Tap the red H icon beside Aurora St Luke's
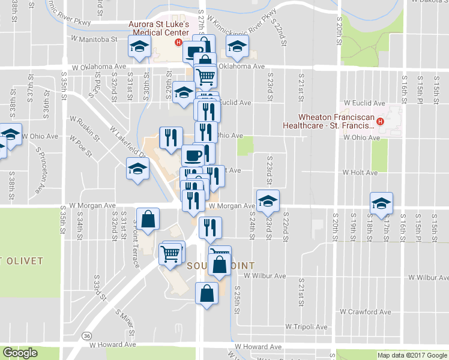click(x=178, y=42)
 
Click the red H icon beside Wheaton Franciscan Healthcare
click(x=379, y=122)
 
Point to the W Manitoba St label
click(x=93, y=38)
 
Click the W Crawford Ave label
click(x=365, y=312)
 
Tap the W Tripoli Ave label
click(x=306, y=327)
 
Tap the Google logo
click(x=20, y=353)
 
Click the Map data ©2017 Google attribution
click(x=412, y=355)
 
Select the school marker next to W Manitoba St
click(x=139, y=47)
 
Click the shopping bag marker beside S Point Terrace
click(x=148, y=219)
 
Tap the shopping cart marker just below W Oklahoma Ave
click(x=206, y=77)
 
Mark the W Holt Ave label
click(x=360, y=172)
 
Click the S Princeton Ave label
click(x=40, y=171)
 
